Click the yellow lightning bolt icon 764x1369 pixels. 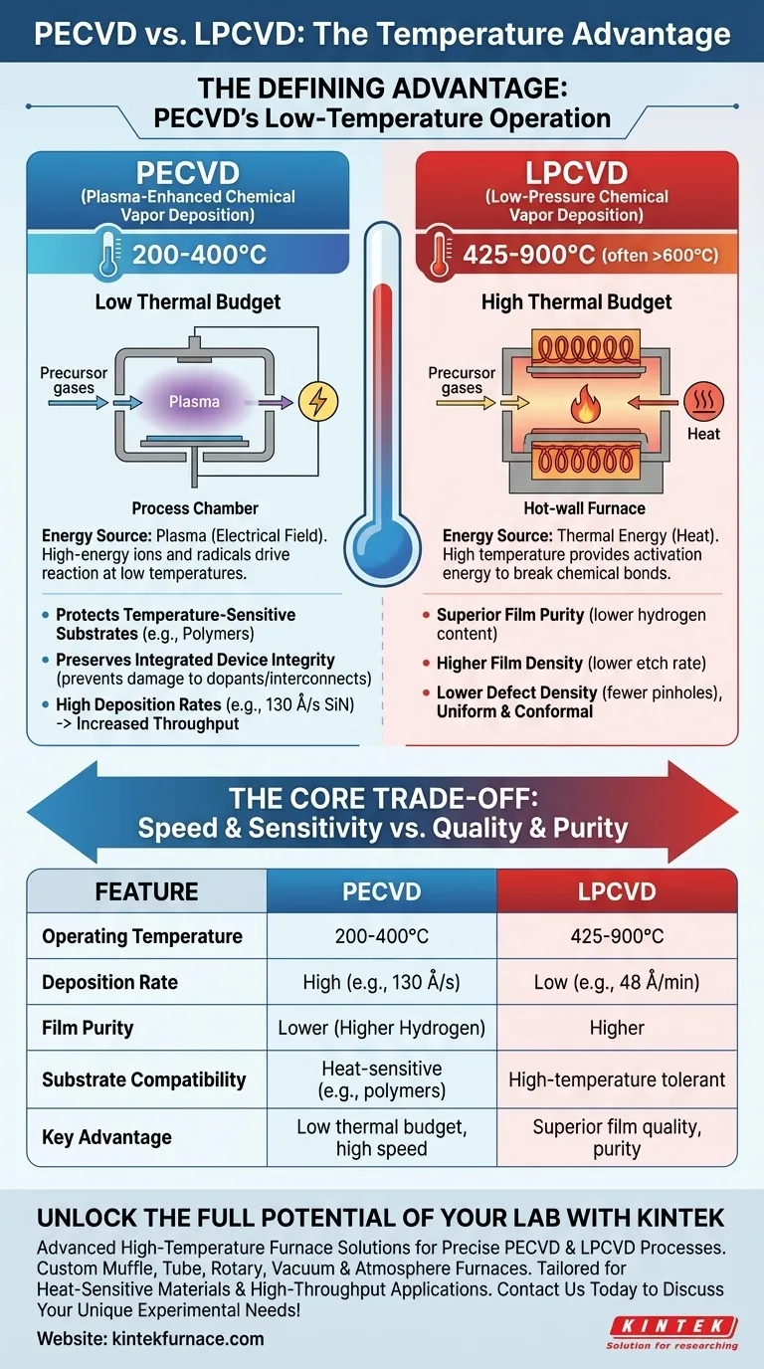pos(318,402)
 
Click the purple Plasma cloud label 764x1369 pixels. pos(194,402)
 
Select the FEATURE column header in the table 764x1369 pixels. pos(146,891)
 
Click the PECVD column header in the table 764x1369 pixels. pos(381,891)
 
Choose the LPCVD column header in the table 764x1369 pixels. pos(617,891)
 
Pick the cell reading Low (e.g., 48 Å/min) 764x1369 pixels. pos(617,982)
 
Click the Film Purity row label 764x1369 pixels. pos(88,1028)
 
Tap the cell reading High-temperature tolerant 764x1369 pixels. pos(617,1078)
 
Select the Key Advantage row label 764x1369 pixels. pos(106,1137)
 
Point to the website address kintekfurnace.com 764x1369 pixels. pos(150,1338)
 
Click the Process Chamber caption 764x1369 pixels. pos(195,508)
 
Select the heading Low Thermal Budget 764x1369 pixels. pos(188,301)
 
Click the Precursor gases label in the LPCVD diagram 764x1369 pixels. pos(462,380)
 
